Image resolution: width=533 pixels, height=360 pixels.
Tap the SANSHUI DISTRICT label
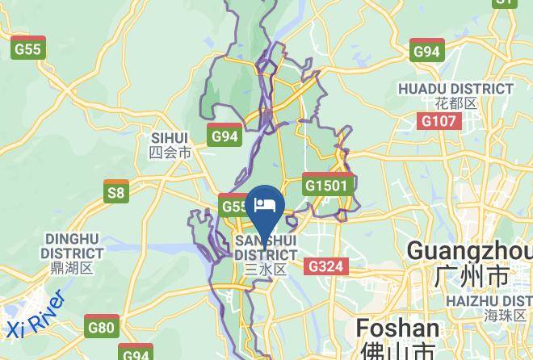[265, 249]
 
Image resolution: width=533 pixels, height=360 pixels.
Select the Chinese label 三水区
[265, 270]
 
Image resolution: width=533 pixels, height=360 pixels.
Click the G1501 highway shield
[328, 185]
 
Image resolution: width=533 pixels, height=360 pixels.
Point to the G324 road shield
[326, 266]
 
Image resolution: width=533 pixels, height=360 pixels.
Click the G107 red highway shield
[439, 121]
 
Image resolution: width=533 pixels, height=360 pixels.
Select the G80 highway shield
[102, 327]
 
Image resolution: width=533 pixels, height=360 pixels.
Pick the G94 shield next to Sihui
[225, 136]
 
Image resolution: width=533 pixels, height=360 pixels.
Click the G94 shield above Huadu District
[426, 51]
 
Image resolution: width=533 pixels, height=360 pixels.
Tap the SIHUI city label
[169, 138]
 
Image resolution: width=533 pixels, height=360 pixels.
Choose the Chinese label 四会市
[170, 152]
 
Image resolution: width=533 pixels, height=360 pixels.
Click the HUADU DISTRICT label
[455, 89]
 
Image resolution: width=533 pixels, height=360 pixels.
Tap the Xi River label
[36, 316]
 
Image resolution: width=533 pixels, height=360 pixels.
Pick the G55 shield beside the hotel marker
[234, 207]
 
